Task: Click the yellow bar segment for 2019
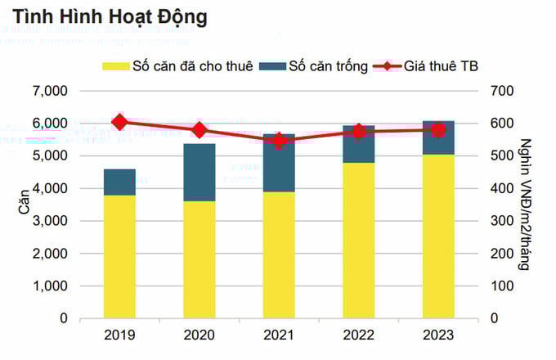119,256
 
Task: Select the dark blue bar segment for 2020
199,172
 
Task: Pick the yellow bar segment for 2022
358,240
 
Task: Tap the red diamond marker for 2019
119,122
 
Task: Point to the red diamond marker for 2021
278,141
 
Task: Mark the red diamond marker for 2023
438,130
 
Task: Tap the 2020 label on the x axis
199,335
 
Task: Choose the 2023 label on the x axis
438,335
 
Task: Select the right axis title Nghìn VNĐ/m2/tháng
538,205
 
